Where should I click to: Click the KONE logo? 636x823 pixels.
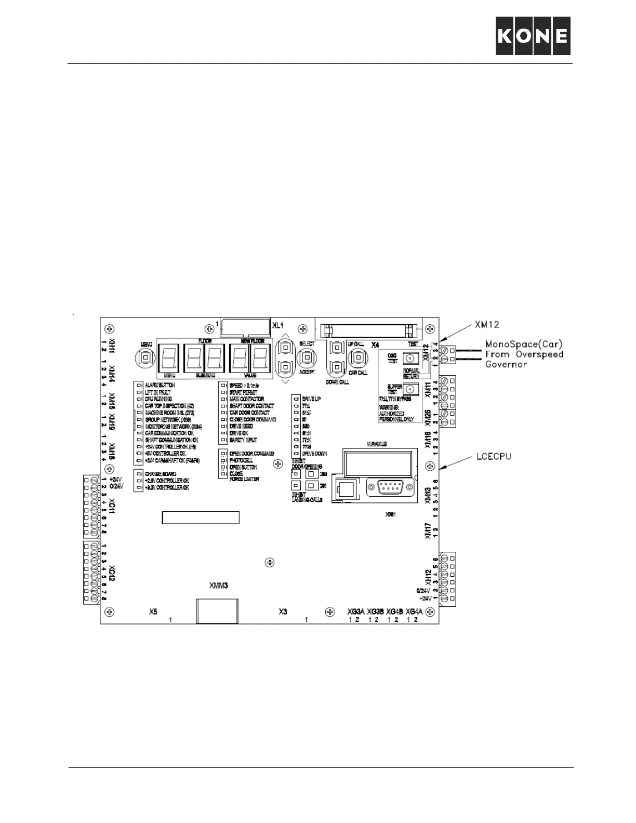pyautogui.click(x=533, y=36)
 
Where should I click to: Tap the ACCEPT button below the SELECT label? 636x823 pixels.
pyautogui.click(x=307, y=357)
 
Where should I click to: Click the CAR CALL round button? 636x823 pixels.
pyautogui.click(x=357, y=357)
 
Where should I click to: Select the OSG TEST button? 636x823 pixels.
pyautogui.click(x=411, y=359)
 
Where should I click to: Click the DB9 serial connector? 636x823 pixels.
pyautogui.click(x=389, y=488)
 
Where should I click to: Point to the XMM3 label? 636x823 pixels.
pyautogui.click(x=219, y=585)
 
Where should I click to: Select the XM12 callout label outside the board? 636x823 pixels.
pyautogui.click(x=487, y=325)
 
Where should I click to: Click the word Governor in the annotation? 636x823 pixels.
pyautogui.click(x=506, y=364)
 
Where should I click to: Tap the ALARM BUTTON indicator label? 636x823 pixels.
pyautogui.click(x=160, y=386)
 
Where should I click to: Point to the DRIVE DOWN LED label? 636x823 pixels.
pyautogui.click(x=314, y=454)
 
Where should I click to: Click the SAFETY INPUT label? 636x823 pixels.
pyautogui.click(x=243, y=440)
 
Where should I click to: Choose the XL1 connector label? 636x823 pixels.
pyautogui.click(x=279, y=325)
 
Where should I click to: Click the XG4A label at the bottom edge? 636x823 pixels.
pyautogui.click(x=417, y=611)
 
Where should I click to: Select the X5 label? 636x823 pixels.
pyautogui.click(x=153, y=612)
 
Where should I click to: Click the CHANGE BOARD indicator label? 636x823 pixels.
pyautogui.click(x=160, y=474)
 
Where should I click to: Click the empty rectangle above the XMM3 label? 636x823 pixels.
pyautogui.click(x=201, y=517)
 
